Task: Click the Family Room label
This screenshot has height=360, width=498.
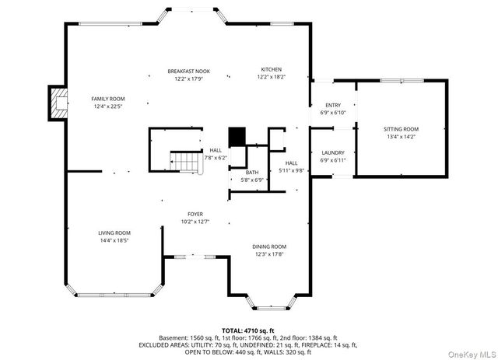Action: coord(108,99)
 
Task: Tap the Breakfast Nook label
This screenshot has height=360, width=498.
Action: coord(188,71)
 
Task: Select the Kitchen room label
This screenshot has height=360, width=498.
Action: coord(272,70)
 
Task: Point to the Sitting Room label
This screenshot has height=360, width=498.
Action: coord(401,128)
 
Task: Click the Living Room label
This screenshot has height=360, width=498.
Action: coord(114,233)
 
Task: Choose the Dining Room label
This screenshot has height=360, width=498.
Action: coord(269,246)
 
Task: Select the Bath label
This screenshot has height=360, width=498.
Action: coord(253,173)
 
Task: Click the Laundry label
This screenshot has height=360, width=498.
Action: coord(333,152)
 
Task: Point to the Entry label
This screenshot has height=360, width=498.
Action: coord(333,106)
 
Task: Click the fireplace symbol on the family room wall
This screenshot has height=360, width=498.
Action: coord(58,103)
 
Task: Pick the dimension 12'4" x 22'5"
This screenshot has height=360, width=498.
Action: coord(108,107)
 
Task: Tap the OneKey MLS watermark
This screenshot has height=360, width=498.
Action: coord(470,351)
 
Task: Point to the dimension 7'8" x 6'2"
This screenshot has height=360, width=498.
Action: coord(216,158)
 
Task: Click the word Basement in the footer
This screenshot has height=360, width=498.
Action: coord(174,338)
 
